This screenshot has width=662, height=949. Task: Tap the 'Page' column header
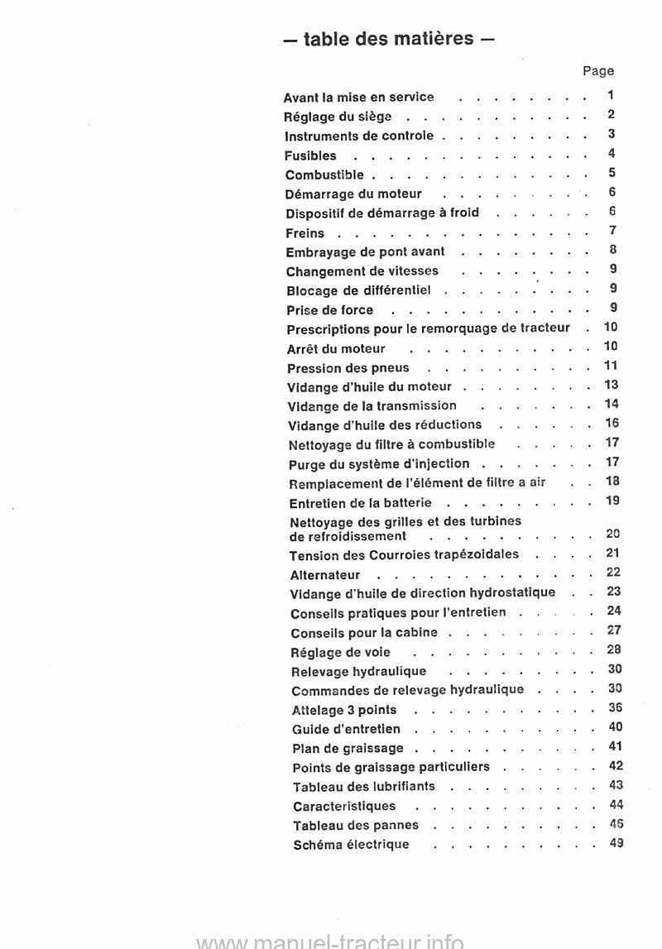(x=598, y=71)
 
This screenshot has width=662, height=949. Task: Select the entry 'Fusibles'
(x=310, y=156)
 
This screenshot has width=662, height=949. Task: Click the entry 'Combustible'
(x=324, y=175)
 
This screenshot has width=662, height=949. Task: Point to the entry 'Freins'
(x=305, y=233)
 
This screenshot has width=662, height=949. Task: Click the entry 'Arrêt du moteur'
(x=335, y=348)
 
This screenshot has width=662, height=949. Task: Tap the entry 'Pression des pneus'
(x=348, y=367)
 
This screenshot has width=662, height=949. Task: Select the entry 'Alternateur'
(x=325, y=574)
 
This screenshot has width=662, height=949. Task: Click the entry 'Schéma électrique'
(x=351, y=844)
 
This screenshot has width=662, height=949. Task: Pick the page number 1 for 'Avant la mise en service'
(x=610, y=95)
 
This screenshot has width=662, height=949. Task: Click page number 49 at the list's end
(x=615, y=843)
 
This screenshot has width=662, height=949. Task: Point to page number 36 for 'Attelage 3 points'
(x=615, y=707)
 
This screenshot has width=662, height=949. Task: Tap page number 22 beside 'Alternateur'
(x=613, y=573)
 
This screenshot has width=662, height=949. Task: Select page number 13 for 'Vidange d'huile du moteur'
(x=612, y=385)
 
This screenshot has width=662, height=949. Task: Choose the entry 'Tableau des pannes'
(x=356, y=825)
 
